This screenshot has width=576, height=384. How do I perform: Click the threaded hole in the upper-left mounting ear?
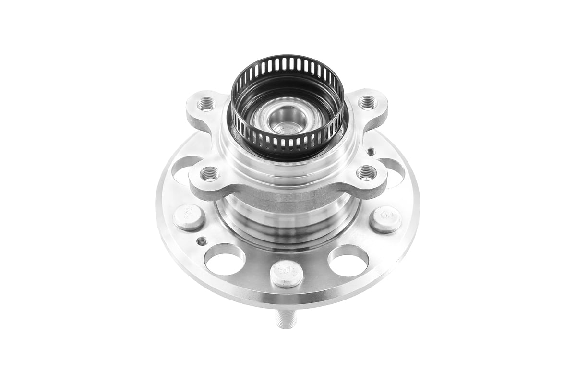pos(205,103)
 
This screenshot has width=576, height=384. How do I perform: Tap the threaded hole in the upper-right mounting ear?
pos(367,102)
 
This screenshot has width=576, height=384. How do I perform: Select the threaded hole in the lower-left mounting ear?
pos(209,174)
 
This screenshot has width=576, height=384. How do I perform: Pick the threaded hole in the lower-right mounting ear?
pos(366,172)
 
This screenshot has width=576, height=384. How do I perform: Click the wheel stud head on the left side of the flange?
pos(189,217)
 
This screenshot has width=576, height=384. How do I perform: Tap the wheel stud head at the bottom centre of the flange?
pos(287,273)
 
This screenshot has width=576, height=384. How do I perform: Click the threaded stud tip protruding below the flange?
pos(287,319)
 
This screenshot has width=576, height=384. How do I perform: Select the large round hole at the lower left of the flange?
pos(224,259)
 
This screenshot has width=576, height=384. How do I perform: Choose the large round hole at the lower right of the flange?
pos(348,261)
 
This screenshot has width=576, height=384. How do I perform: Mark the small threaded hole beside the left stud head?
pos(202,241)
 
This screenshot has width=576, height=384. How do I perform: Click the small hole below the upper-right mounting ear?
pos(371,152)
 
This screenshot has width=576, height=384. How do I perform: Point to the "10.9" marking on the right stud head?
pos(385,216)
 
